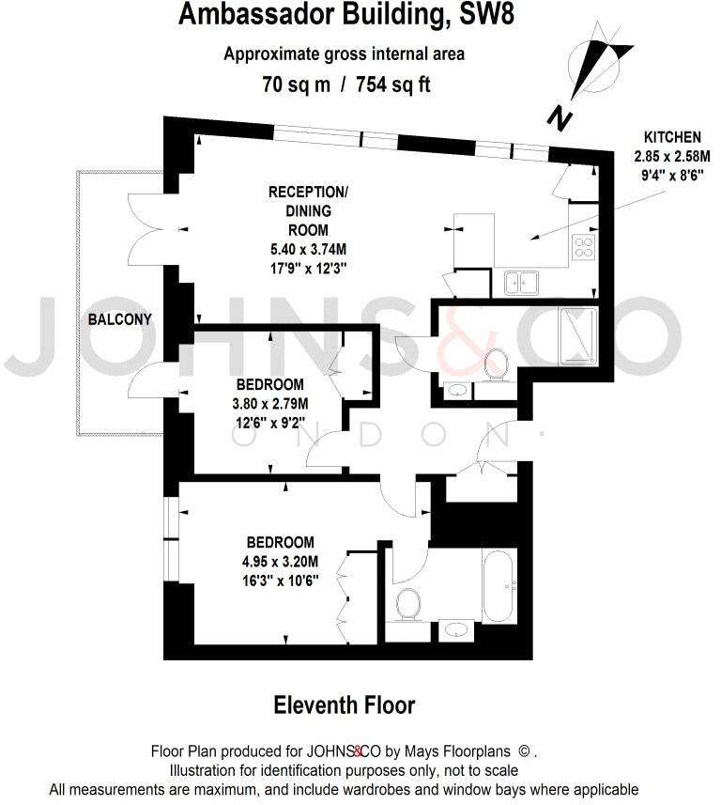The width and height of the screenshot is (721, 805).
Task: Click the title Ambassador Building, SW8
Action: point(345,15)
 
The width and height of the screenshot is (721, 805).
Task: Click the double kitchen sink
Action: point(519,281)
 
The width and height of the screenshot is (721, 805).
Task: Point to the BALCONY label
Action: point(120,319)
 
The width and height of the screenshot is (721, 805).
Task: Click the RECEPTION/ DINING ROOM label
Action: point(308,210)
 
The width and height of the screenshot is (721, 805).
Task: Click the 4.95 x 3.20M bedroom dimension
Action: point(280,562)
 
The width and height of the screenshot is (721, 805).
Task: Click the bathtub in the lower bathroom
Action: point(498,584)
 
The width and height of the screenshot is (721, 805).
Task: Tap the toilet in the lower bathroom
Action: point(408,603)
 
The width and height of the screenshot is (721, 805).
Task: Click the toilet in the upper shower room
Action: point(496,364)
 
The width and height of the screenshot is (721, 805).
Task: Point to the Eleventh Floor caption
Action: point(344,704)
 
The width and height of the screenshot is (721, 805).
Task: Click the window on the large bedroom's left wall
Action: point(169,534)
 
